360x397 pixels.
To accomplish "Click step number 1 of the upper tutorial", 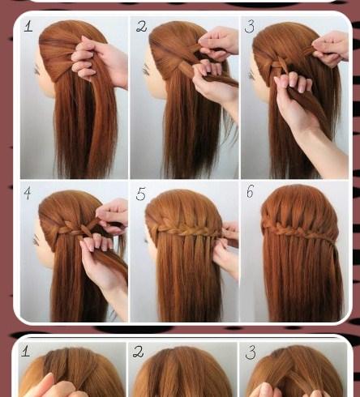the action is [x=28, y=27].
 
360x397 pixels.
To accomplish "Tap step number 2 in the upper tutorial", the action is [x=142, y=27].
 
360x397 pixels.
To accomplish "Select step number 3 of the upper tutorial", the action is [x=250, y=27].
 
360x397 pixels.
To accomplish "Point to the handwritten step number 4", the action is [x=28, y=193].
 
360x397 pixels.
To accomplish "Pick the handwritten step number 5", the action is [x=141, y=194].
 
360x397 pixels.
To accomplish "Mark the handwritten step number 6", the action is [x=250, y=192].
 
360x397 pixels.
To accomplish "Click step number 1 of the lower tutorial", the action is [x=25, y=351].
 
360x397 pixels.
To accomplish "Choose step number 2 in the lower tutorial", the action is [x=138, y=352].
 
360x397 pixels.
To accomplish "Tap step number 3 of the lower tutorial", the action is [x=251, y=352].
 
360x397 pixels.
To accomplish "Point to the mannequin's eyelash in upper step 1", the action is [x=36, y=70].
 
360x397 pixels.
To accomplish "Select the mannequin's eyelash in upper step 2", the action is [x=146, y=70].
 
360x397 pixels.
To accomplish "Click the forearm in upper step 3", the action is [x=322, y=152].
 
